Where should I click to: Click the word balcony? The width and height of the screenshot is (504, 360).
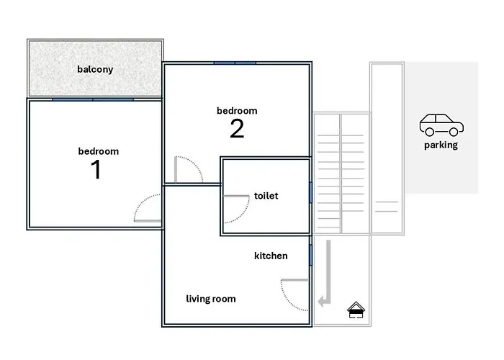pyautogui.click(x=95, y=69)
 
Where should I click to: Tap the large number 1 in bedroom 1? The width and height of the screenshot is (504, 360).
pyautogui.click(x=96, y=169)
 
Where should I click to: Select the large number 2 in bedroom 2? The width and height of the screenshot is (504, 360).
pyautogui.click(x=237, y=129)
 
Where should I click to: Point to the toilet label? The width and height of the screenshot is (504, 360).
pyautogui.click(x=266, y=196)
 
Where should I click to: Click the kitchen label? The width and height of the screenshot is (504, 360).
pyautogui.click(x=271, y=256)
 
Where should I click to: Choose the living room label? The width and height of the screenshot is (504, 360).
pyautogui.click(x=211, y=299)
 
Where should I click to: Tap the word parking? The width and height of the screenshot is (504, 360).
pyautogui.click(x=441, y=145)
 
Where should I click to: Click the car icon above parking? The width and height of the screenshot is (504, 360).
pyautogui.click(x=441, y=125)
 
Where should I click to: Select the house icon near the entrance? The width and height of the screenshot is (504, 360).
pyautogui.click(x=356, y=310)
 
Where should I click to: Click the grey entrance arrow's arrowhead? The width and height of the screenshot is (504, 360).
pyautogui.click(x=322, y=302)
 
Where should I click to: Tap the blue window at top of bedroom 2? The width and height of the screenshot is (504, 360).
pyautogui.click(x=235, y=63)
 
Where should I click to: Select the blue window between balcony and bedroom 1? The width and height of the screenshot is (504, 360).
pyautogui.click(x=93, y=99)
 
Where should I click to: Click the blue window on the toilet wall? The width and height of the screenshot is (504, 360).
pyautogui.click(x=310, y=192)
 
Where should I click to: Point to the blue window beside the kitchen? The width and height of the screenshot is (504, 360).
pyautogui.click(x=310, y=255)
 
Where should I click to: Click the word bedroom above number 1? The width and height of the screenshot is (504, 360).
pyautogui.click(x=99, y=151)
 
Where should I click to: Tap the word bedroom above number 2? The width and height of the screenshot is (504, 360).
pyautogui.click(x=237, y=111)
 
